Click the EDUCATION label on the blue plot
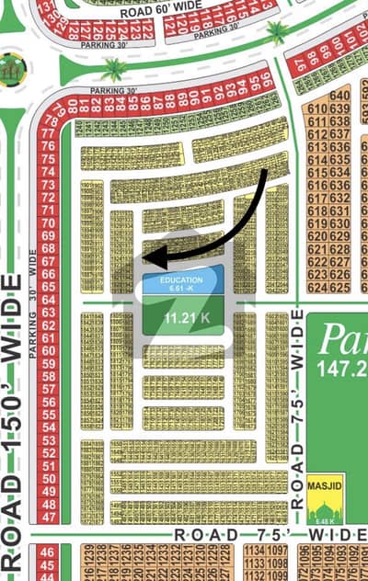pyautogui.click(x=181, y=279)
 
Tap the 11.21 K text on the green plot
pyautogui.click(x=181, y=318)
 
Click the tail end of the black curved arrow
pyautogui.click(x=267, y=171)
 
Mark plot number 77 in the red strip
pyautogui.click(x=49, y=132)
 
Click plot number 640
pyautogui.click(x=339, y=95)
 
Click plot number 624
pyautogui.click(x=318, y=288)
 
